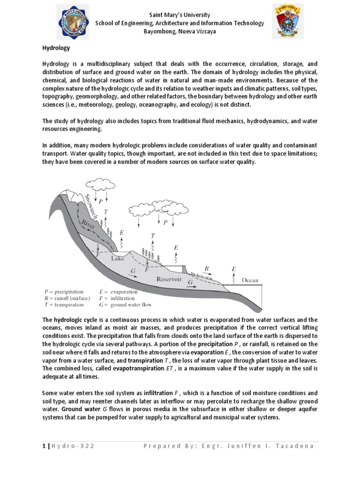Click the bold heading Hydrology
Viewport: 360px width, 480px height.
pos(55,48)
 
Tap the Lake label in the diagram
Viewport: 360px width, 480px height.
pos(118,258)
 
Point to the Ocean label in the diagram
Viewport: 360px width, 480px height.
pos(250,280)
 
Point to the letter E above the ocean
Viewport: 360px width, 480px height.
pos(234,269)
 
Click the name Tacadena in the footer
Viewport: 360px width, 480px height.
pos(295,446)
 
